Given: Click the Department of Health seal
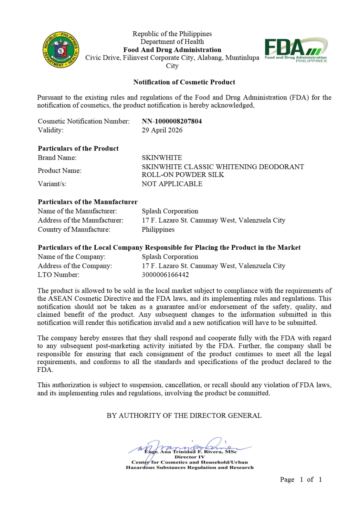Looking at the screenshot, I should [x=61, y=50].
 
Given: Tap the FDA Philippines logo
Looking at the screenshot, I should [x=296, y=50].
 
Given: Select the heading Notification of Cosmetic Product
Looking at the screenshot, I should [x=184, y=82].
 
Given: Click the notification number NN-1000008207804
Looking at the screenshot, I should [x=172, y=121].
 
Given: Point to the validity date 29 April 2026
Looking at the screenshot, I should [x=162, y=130].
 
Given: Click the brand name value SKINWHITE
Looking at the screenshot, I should [x=162, y=158].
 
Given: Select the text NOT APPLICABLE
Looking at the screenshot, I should [x=172, y=184].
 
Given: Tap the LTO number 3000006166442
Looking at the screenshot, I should [x=165, y=275].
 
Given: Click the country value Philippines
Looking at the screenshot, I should [x=158, y=229].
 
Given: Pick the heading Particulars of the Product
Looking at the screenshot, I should [x=78, y=148].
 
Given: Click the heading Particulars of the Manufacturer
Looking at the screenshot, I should [x=88, y=202].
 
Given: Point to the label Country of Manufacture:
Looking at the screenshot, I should [x=74, y=229].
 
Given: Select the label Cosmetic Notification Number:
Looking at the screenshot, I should [x=84, y=121].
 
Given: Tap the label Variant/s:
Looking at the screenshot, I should [x=52, y=184].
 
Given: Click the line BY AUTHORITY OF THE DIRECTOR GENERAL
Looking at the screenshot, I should [x=184, y=415].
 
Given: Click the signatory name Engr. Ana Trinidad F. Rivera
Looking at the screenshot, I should [x=190, y=452].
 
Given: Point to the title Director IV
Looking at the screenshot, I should [x=189, y=457].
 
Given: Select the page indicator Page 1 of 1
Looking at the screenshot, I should [x=301, y=479].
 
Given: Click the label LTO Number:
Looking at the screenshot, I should [x=58, y=275].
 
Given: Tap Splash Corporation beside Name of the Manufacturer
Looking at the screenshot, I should [x=170, y=211].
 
